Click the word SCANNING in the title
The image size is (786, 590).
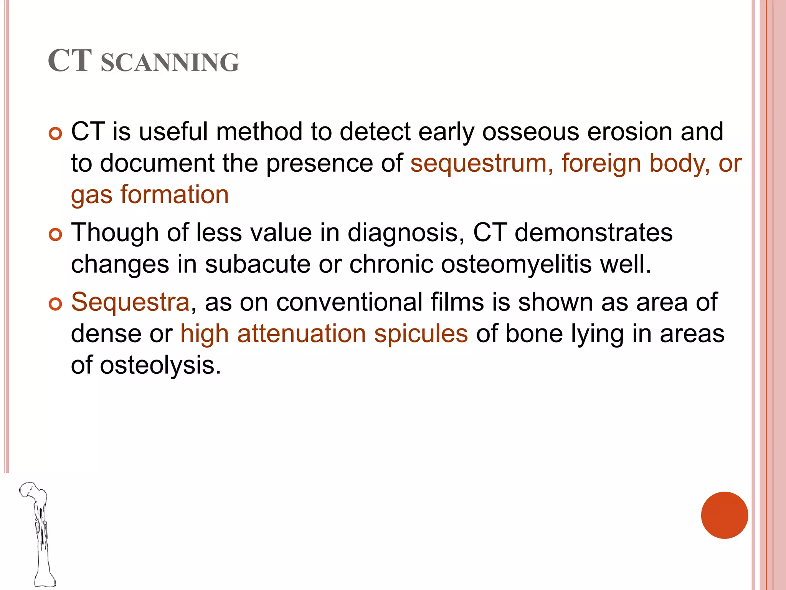tap(170, 63)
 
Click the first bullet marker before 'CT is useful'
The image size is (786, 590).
tap(56, 134)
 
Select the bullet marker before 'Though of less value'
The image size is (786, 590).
tap(56, 234)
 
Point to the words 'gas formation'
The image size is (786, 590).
tap(150, 195)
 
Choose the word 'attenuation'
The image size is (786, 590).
tap(301, 334)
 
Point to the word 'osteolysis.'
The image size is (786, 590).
tap(160, 365)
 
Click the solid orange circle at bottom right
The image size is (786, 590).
tap(724, 515)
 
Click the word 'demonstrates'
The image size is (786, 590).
tap(593, 233)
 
